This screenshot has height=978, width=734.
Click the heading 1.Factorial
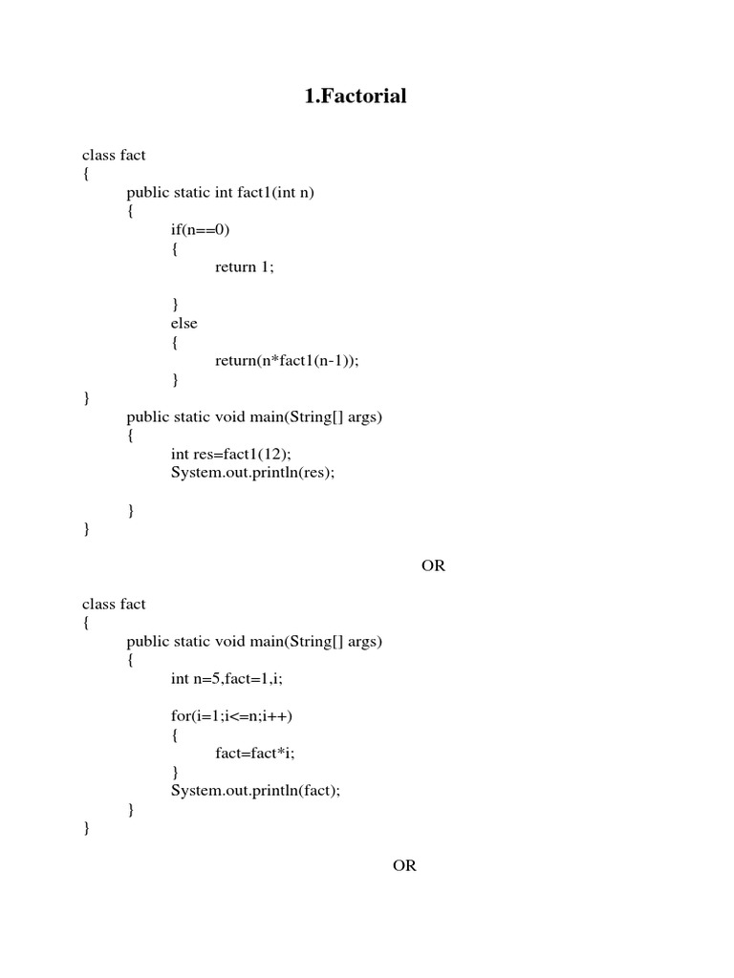[356, 96]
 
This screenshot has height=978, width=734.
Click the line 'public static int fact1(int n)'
[220, 192]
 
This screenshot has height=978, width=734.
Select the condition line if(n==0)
[201, 229]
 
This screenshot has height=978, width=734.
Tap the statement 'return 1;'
[245, 267]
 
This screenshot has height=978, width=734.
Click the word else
[184, 323]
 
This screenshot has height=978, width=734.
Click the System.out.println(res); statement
[253, 472]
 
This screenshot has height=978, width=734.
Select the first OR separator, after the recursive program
[433, 565]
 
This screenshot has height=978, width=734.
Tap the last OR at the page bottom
[404, 865]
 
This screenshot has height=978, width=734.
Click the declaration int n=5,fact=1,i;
[227, 678]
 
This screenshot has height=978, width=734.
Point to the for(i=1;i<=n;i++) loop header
[231, 715]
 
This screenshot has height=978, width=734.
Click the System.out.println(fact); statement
[255, 790]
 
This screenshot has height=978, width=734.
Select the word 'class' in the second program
[99, 604]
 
